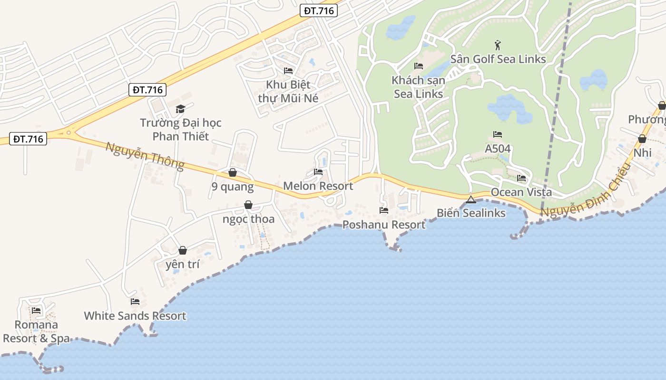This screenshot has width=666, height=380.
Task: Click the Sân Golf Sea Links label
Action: (498, 59)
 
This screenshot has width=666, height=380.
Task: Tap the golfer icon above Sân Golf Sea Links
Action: (498, 45)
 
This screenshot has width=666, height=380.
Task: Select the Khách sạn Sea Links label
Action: (419, 87)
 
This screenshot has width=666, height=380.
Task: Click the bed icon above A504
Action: (498, 134)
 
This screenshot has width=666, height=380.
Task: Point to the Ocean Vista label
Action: (521, 192)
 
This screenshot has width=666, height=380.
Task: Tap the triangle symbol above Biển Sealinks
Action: (471, 199)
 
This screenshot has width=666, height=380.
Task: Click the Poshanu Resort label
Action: (384, 225)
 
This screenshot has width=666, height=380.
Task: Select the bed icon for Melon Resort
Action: (318, 172)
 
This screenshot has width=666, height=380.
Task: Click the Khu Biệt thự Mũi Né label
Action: (288, 92)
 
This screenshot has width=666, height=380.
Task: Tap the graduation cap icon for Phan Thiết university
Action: (180, 109)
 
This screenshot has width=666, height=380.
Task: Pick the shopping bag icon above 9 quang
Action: (233, 172)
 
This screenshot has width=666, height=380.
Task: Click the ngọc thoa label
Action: (248, 219)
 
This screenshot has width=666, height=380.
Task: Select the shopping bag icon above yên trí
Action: (183, 250)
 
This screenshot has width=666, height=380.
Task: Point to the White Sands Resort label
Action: (135, 316)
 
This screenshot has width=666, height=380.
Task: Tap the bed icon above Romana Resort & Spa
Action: (36, 311)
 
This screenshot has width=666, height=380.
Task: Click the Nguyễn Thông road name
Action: (145, 156)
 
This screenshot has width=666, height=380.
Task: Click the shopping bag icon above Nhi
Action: (642, 139)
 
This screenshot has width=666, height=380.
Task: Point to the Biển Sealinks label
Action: (471, 213)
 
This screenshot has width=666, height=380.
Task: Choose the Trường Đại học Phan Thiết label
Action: (181, 130)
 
